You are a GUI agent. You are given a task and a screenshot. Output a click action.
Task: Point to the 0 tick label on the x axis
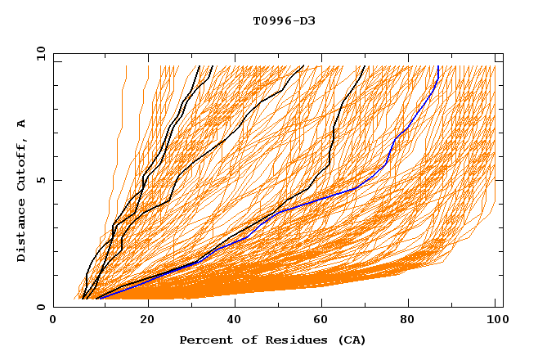click(x=53, y=321)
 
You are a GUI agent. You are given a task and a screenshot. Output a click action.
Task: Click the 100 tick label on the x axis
click(x=495, y=321)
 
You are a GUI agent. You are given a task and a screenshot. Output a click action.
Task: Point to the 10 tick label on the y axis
click(x=39, y=54)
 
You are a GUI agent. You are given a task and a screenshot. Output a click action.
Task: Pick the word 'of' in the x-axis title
click(x=245, y=340)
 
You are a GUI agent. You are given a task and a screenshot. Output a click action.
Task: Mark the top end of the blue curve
click(x=438, y=67)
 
